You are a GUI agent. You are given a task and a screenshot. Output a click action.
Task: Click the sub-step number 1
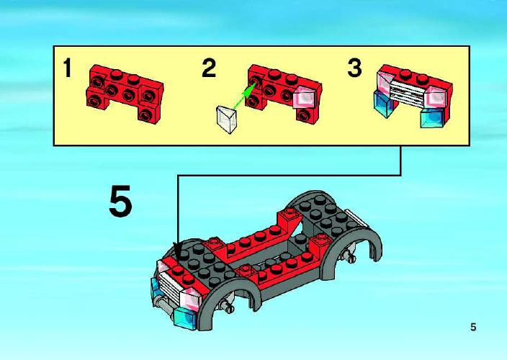click(x=67, y=68)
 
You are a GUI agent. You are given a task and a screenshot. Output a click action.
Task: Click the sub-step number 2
click(x=209, y=68)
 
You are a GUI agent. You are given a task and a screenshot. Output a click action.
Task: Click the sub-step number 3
click(x=354, y=68)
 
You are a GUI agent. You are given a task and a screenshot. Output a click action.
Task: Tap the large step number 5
click(x=120, y=201)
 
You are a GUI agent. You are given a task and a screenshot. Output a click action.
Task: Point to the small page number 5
click(x=473, y=328)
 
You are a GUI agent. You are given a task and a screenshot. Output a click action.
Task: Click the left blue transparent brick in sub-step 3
click(x=384, y=104)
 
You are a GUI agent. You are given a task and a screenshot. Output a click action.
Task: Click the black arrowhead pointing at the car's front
click(x=177, y=251)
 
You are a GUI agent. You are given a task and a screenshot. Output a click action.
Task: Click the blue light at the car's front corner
click(x=185, y=319)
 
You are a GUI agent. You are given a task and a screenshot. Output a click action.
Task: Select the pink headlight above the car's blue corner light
click(x=192, y=298)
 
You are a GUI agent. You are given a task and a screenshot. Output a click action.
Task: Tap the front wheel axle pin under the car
click(x=227, y=305)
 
